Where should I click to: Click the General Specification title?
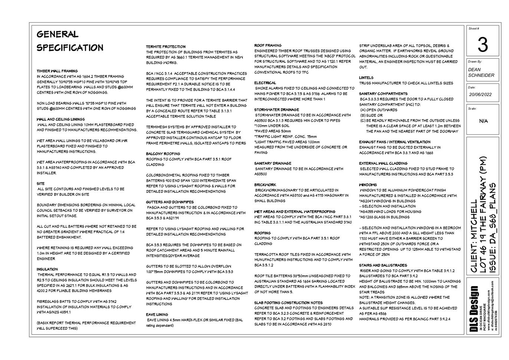click(70, 41)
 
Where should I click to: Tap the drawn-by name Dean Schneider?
click(481, 72)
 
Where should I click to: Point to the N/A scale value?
click(483, 121)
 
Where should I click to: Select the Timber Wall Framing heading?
click(57, 71)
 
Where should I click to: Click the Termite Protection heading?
click(165, 47)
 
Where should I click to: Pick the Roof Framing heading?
click(268, 45)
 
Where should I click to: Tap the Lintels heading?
click(366, 78)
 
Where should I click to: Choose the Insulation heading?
click(47, 269)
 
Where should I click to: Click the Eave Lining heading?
click(157, 314)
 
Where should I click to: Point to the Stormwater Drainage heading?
click(276, 109)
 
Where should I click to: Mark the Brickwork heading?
click(265, 184)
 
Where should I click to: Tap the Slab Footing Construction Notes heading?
click(288, 302)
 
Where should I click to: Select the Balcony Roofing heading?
click(163, 154)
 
